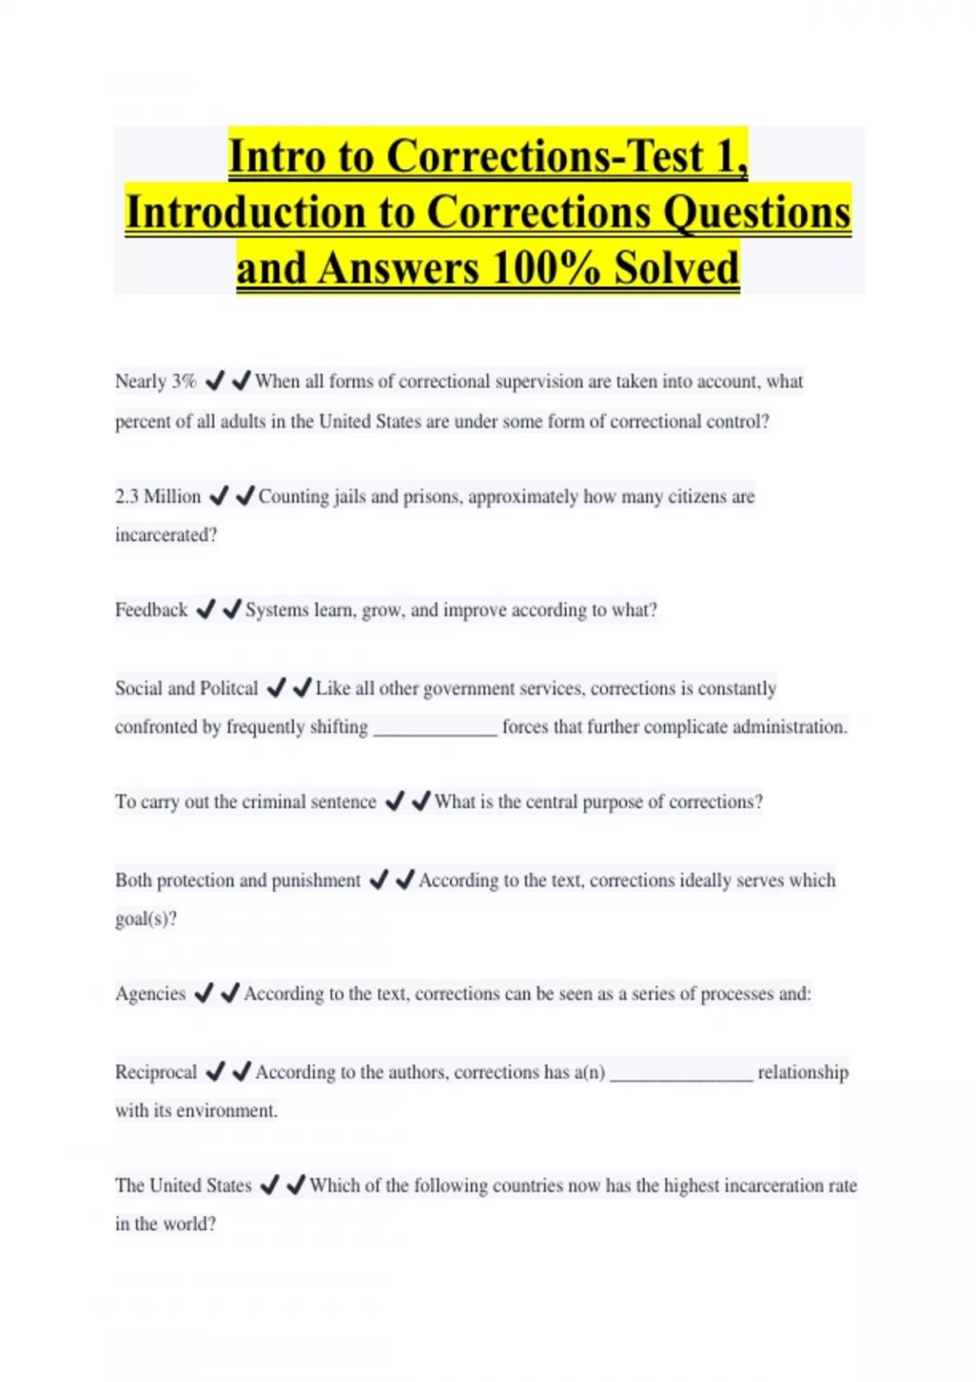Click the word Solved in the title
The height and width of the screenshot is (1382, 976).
(677, 268)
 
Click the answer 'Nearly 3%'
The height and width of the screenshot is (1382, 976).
(155, 381)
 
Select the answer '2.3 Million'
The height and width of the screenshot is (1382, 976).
(158, 497)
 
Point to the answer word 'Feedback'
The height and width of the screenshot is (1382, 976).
(151, 610)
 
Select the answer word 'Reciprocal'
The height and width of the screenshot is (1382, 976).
(156, 1072)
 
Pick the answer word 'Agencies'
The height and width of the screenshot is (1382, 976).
(150, 993)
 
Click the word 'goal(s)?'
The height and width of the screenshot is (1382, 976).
(146, 919)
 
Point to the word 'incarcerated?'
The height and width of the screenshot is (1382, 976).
(166, 536)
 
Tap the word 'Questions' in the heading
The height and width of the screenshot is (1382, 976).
(757, 212)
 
